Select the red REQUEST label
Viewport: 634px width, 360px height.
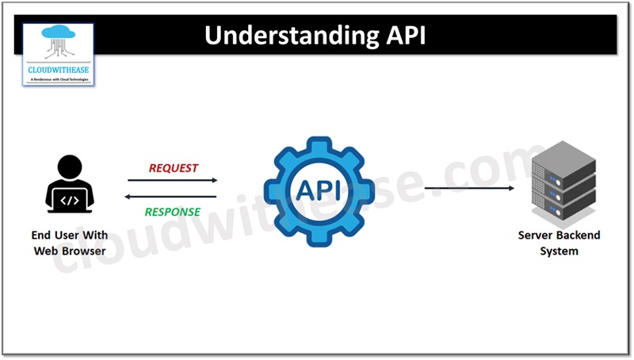174,168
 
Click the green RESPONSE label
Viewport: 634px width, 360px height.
172,212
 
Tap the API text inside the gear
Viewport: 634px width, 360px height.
319,190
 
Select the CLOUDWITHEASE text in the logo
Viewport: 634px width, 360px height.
58,70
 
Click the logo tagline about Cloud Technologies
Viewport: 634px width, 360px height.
58,80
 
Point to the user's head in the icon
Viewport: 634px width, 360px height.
70,166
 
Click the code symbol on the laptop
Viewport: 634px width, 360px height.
70,201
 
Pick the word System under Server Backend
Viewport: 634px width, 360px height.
559,251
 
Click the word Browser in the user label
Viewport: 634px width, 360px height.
82,251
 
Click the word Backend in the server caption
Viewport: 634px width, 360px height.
579,236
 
